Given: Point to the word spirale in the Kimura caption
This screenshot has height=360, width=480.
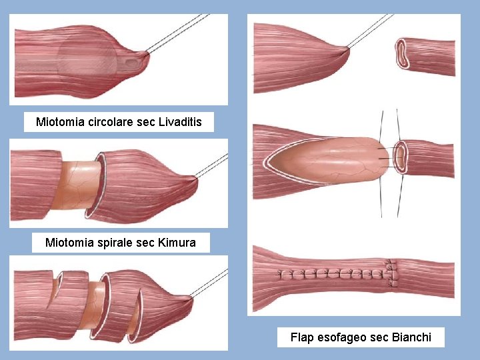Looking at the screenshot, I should [x=111, y=243].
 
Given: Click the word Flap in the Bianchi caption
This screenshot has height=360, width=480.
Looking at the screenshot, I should [x=301, y=337].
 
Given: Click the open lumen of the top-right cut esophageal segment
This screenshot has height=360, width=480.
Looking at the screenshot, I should [x=403, y=53].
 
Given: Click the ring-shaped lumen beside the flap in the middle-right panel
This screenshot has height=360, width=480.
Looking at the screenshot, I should [x=401, y=157].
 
